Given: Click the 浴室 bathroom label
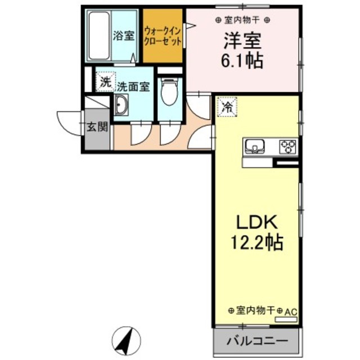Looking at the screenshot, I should (124, 37).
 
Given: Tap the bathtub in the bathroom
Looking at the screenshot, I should (100, 37).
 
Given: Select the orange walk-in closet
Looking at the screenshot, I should (163, 37).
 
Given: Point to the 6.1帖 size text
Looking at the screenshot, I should (243, 61).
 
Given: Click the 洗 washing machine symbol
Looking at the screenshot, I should (105, 81).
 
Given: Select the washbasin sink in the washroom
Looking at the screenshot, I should (121, 105).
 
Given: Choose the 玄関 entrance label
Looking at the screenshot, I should (96, 127).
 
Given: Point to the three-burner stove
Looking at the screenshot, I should (289, 147).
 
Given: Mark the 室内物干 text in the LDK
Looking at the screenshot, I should (255, 310).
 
